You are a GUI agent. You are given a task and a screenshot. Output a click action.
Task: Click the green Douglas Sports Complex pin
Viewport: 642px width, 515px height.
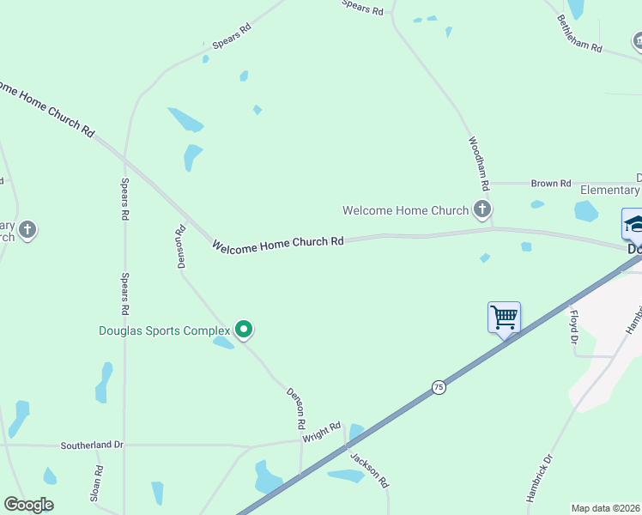pyautogui.click(x=244, y=329)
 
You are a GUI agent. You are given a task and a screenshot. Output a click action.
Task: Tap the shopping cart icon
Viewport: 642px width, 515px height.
pyautogui.click(x=504, y=317)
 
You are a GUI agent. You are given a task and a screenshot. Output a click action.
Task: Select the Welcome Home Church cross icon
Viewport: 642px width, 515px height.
pyautogui.click(x=482, y=209)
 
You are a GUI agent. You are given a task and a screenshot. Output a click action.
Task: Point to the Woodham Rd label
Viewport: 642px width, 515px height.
pyautogui.click(x=478, y=163)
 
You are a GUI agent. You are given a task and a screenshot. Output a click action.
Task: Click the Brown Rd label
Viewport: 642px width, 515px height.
pyautogui.click(x=551, y=184)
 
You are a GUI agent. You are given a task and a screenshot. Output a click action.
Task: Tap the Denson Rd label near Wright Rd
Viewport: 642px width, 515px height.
pyautogui.click(x=294, y=407)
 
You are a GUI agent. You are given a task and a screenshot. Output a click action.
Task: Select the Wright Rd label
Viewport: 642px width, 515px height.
pyautogui.click(x=322, y=432)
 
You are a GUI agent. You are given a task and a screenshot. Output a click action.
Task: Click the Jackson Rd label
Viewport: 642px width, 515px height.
pyautogui.click(x=370, y=470)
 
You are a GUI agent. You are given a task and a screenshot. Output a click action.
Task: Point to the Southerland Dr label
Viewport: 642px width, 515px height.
pyautogui.click(x=92, y=445)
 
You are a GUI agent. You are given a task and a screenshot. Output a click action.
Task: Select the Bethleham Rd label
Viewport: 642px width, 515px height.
pyautogui.click(x=579, y=33)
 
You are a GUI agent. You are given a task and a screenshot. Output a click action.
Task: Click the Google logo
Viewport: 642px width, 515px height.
pyautogui.click(x=28, y=505)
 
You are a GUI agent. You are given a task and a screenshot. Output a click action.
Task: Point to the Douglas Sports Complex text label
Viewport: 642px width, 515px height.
pyautogui.click(x=165, y=330)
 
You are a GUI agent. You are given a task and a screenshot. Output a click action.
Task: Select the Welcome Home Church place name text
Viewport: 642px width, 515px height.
pyautogui.click(x=405, y=210)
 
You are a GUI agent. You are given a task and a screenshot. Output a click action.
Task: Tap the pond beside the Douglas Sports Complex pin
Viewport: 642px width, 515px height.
pyautogui.click(x=223, y=343)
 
